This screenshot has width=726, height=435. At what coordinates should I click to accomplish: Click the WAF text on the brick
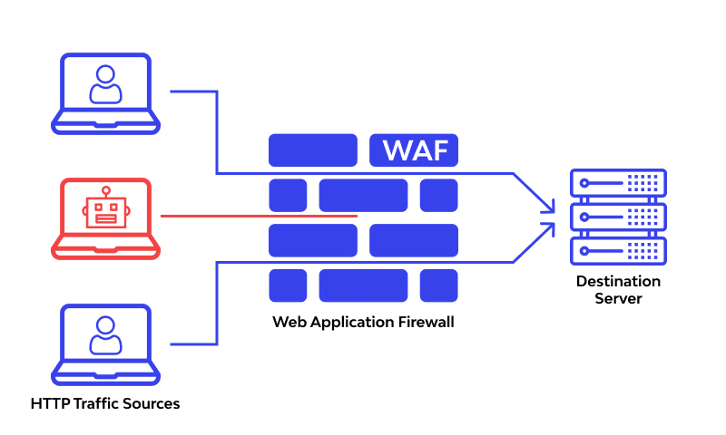coord(414,150)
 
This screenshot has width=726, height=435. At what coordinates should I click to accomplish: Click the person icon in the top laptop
coord(105,84)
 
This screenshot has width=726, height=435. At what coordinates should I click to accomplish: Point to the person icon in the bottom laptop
coord(105,336)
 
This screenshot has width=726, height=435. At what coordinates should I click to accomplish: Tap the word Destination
coord(618,282)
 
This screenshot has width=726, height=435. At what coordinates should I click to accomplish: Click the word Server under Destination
coord(618,299)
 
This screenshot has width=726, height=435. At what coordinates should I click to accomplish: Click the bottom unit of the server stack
coord(617,250)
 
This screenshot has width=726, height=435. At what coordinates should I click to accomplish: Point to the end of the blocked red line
coord(357,217)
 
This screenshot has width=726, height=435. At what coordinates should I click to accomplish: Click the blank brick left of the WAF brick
coord(313,150)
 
